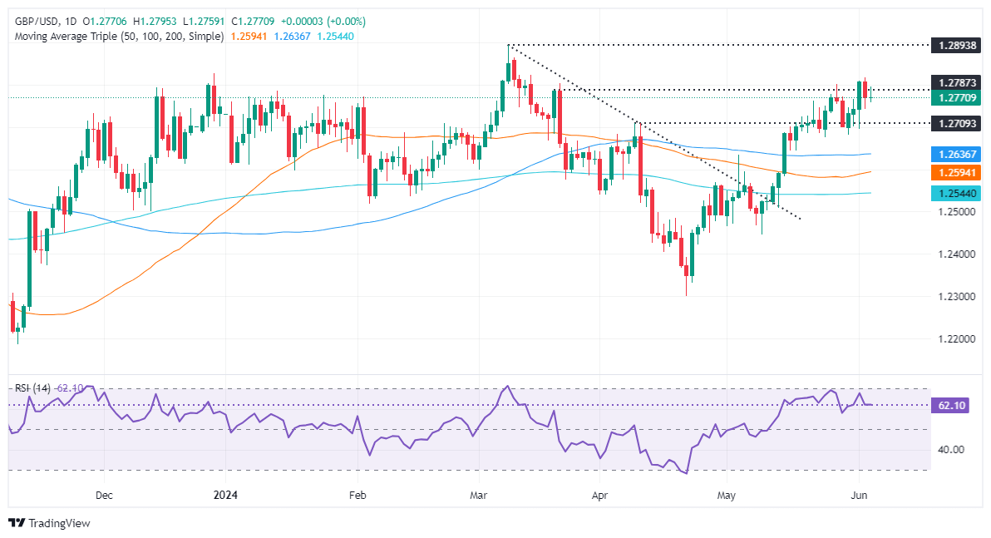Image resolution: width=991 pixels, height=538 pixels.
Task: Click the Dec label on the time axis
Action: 104,494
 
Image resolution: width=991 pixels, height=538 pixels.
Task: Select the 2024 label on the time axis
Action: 226,494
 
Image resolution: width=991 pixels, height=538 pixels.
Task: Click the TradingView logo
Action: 49,523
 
